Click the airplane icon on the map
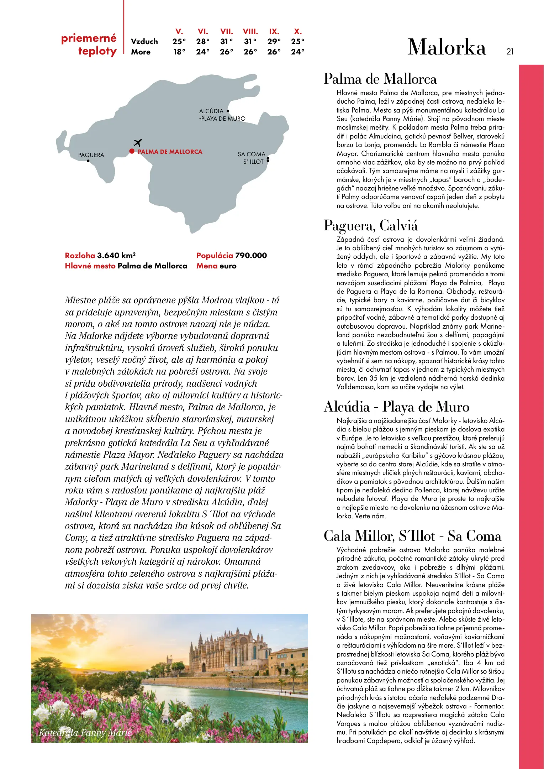click(x=138, y=143)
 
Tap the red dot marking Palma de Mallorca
click(x=132, y=151)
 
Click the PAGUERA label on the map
click(x=91, y=155)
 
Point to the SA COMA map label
click(x=252, y=154)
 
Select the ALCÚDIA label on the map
click(x=211, y=111)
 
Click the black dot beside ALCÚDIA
click(x=228, y=111)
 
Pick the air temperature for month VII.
click(x=226, y=42)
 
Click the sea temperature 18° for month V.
click(x=179, y=52)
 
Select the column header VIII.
click(x=250, y=31)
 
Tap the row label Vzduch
click(x=144, y=42)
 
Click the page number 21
click(x=510, y=52)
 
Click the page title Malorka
click(x=447, y=47)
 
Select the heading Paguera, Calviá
click(x=371, y=225)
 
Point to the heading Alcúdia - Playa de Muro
click(x=396, y=407)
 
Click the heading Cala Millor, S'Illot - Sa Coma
click(x=412, y=536)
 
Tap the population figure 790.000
click(x=251, y=255)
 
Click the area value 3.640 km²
click(x=116, y=255)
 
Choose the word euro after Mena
click(x=228, y=266)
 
